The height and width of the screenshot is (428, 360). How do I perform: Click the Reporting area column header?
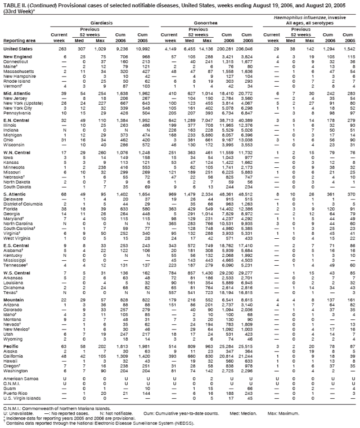coord(20,41)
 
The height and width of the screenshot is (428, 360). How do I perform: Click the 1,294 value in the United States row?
coord(328,49)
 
